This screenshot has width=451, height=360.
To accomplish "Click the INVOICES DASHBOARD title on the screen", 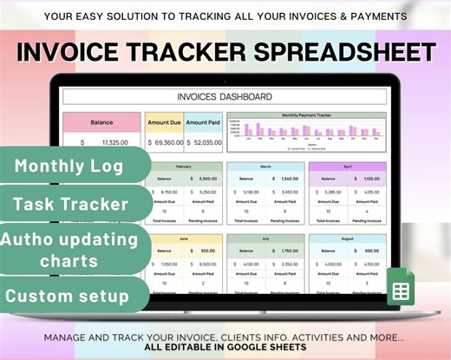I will (224, 96).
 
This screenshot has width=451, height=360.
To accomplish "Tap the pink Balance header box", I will (102, 122).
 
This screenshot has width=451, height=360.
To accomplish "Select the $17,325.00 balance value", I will (104, 141).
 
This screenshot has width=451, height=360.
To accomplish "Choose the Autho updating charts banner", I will (69, 249).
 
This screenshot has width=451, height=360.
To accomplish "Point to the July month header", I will (265, 237).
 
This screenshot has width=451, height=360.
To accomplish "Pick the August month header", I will (347, 237).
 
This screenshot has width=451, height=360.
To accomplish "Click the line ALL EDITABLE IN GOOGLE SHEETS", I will (225, 346).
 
